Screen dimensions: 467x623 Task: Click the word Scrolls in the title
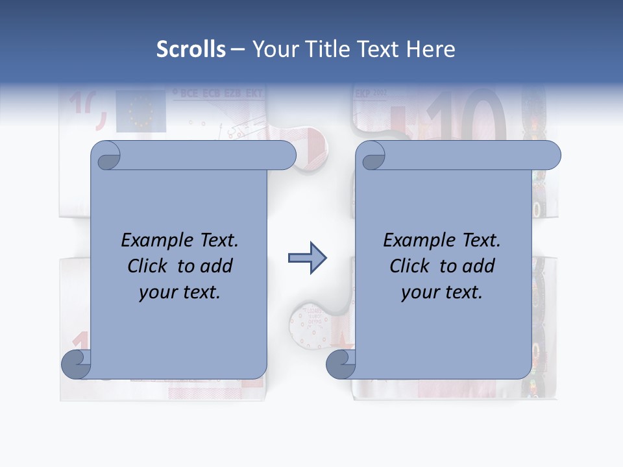point(191,49)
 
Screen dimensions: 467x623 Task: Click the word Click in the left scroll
point(149,266)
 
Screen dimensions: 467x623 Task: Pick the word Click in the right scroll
point(411,266)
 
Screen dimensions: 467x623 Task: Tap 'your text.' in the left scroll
point(180,292)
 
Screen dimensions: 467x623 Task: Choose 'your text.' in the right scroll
point(442,292)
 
